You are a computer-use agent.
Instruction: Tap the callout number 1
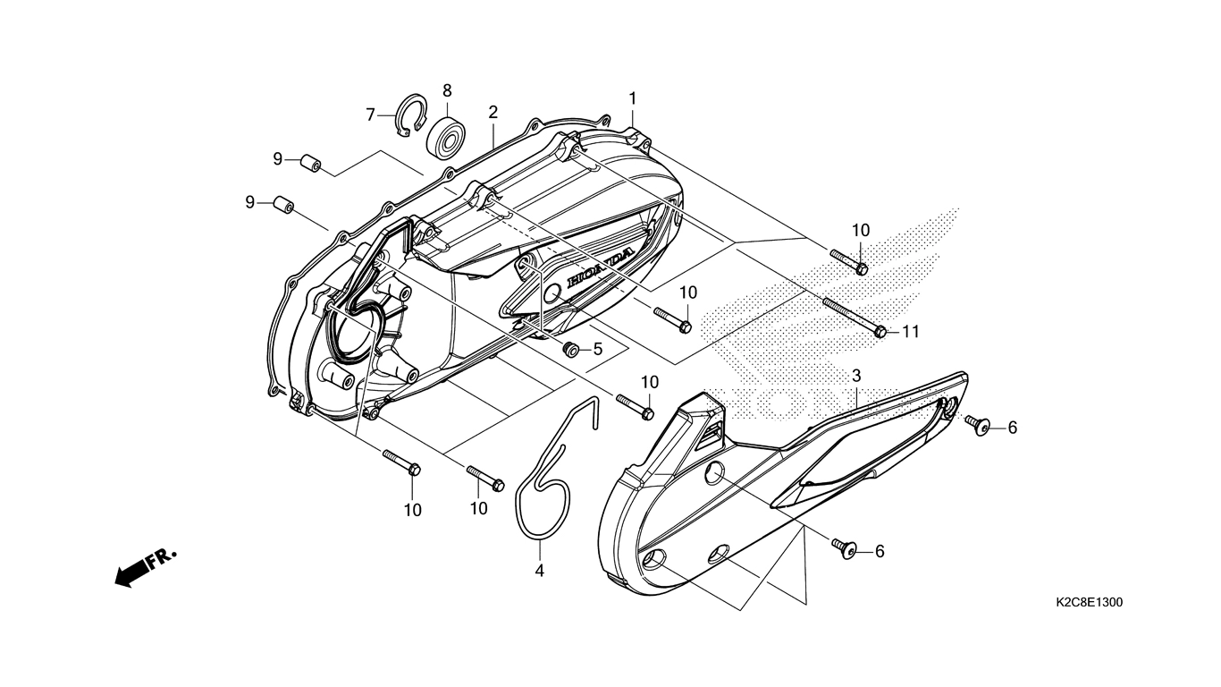pos(632,98)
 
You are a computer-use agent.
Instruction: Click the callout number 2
pos(493,112)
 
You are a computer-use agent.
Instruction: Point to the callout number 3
pos(855,375)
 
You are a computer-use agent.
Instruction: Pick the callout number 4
pos(540,570)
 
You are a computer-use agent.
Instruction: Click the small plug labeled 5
pos(568,348)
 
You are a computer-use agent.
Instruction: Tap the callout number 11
pos(910,332)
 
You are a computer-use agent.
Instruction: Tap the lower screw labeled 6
pos(845,547)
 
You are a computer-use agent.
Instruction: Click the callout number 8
pos(447,90)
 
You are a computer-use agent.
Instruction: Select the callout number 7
pos(370,114)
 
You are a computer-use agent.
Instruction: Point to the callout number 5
pos(597,348)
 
